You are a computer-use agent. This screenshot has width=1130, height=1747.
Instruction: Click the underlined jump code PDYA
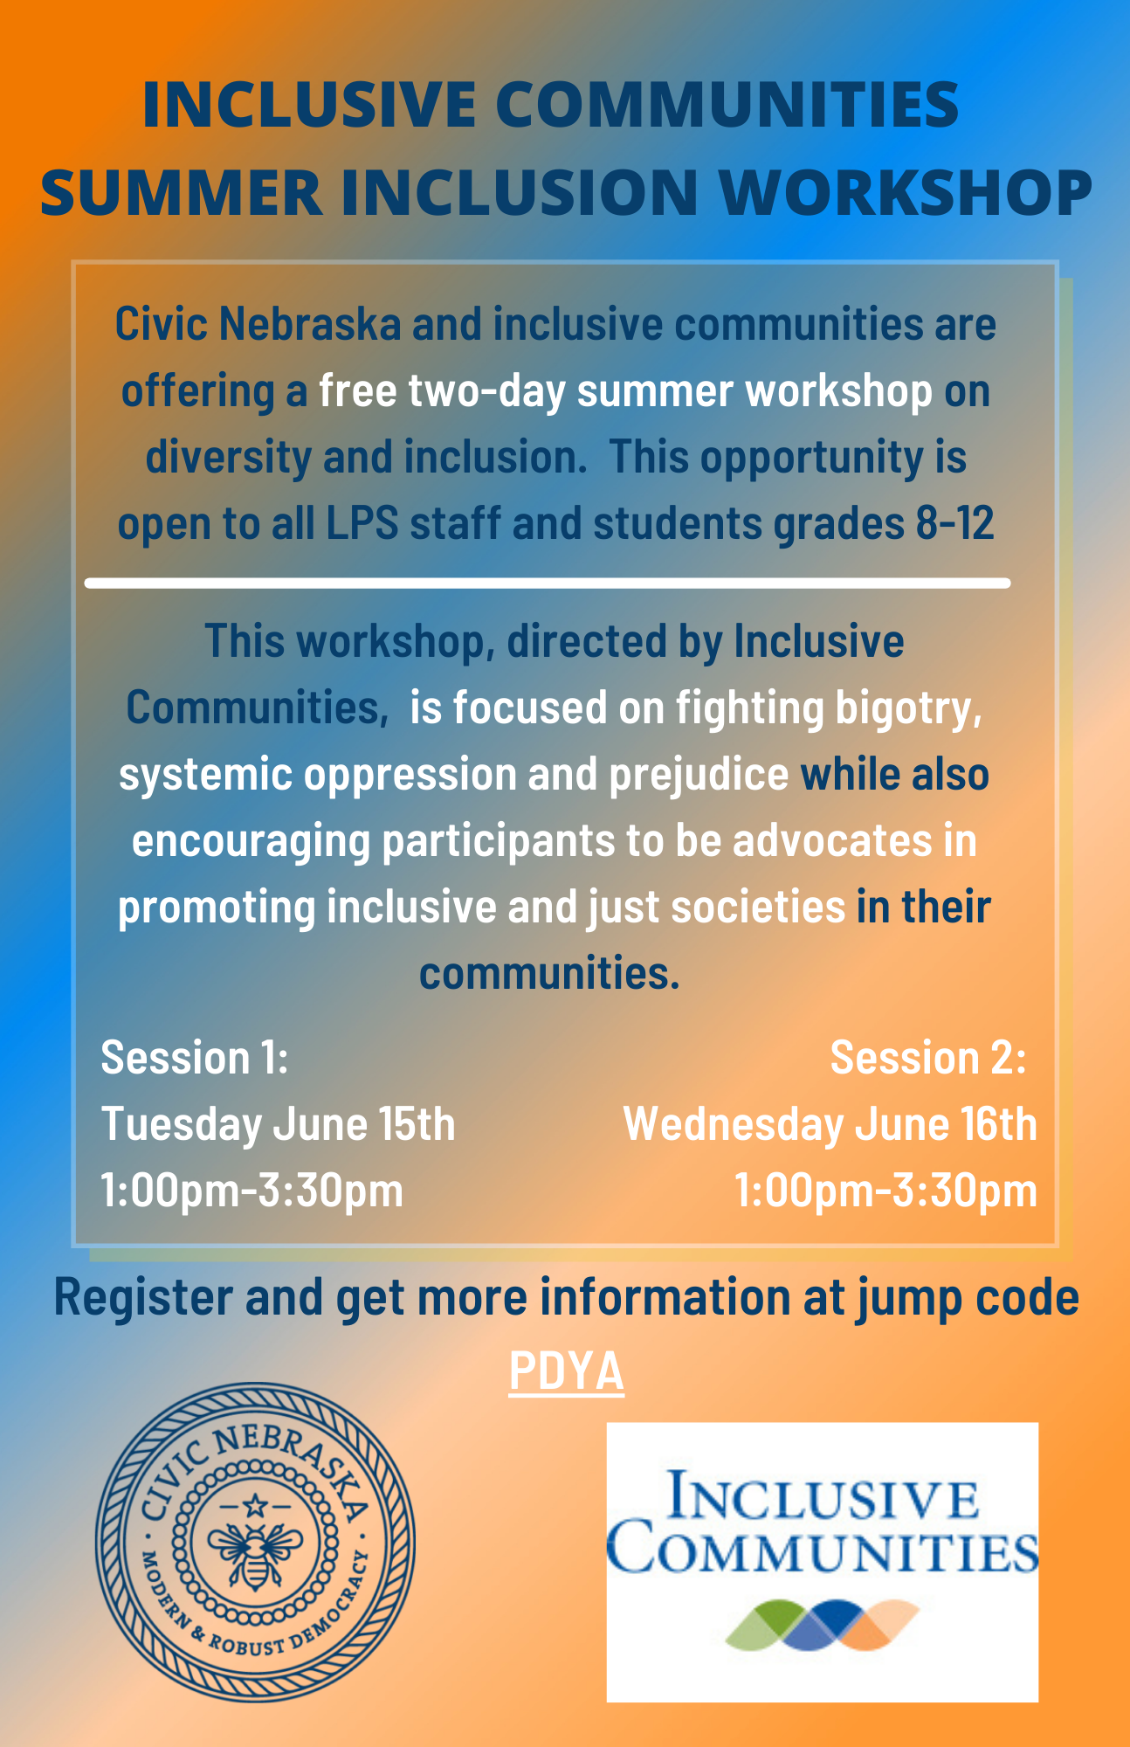tap(566, 1371)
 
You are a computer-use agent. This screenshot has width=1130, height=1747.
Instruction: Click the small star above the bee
tap(254, 1505)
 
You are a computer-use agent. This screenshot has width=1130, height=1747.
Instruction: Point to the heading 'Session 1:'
tap(195, 1058)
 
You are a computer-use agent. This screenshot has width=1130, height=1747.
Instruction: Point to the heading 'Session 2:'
tap(928, 1058)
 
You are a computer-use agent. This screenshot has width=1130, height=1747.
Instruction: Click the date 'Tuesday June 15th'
tap(279, 1124)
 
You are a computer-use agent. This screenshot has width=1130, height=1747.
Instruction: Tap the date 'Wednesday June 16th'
tap(830, 1124)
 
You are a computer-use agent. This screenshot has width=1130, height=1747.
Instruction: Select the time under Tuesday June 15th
tap(252, 1190)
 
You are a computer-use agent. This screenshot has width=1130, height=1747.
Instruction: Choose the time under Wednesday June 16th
tap(885, 1190)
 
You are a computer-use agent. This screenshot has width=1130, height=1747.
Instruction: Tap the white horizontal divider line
tap(548, 583)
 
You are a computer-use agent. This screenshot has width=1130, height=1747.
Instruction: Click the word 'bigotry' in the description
tap(908, 708)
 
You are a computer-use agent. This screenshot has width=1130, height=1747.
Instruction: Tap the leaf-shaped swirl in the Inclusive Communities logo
tap(822, 1625)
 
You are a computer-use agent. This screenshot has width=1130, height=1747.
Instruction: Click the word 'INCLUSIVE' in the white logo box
tap(822, 1496)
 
